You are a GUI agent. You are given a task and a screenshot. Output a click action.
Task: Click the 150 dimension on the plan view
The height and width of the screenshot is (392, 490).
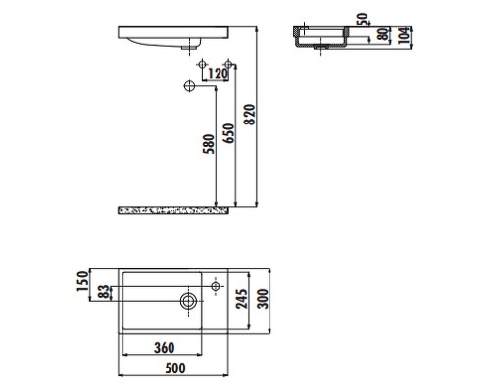(83, 282)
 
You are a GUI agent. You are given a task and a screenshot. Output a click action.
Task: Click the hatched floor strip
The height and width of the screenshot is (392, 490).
(172, 209)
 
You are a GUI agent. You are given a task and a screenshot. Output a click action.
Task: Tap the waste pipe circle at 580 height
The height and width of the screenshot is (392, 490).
(188, 86)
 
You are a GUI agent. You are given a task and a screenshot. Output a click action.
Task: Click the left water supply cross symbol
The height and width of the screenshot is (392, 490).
(202, 66)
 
